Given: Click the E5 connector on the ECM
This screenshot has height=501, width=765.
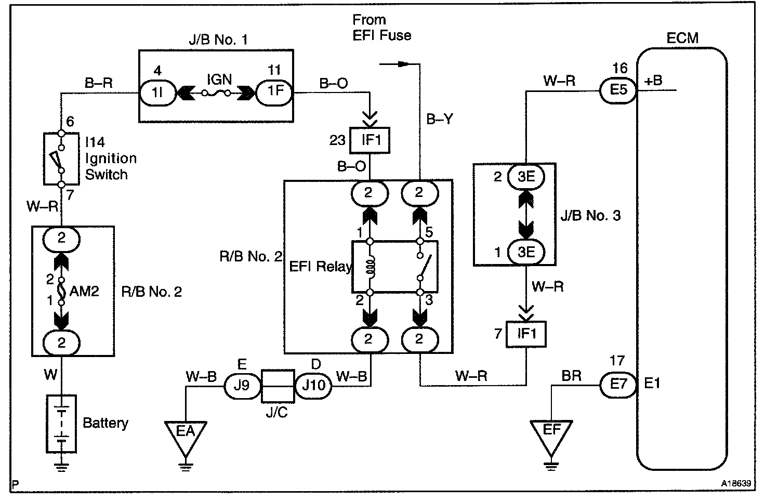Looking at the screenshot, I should coord(618,90).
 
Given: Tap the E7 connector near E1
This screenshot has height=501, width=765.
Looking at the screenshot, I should coord(618,385).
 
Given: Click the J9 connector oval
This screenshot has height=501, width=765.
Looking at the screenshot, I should coord(242,385).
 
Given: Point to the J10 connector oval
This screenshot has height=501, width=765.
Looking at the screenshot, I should coord(313,385).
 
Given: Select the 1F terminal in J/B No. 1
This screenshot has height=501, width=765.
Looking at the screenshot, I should coord(275,91).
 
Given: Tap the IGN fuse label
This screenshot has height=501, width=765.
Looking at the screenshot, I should coord(219,80).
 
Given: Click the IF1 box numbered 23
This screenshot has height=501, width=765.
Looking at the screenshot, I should coord(370,140).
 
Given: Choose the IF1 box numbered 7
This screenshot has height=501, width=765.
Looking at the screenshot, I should coord(526,333).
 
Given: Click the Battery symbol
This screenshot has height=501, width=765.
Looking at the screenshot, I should coord(61,424).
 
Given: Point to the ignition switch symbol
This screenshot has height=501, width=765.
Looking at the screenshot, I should coord(61,158).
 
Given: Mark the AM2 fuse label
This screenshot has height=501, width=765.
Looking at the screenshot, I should coord(84,291).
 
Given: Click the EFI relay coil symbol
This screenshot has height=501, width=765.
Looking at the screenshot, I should coord(370,267).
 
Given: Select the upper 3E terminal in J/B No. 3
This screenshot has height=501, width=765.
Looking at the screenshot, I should coord(526,177).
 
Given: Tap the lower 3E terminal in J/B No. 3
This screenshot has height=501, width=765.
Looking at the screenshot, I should coord(526,252).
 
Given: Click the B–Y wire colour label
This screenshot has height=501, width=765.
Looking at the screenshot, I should coord(440,120).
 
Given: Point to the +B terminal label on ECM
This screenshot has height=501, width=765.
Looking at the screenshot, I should coord(653,81).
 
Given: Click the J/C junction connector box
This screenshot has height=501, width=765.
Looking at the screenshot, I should coord(278,386).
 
